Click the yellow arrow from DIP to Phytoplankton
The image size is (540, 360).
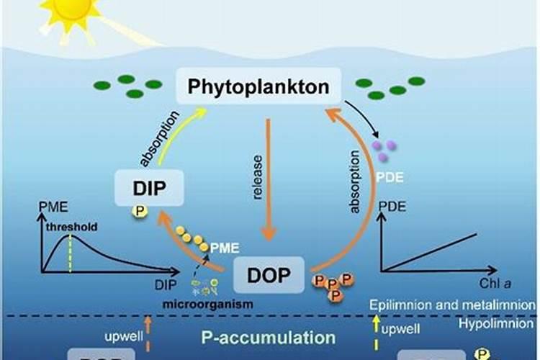pyautogui.click(x=180, y=133)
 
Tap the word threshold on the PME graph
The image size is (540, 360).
pyautogui.click(x=72, y=227)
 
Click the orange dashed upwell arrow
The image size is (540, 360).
pyautogui.click(x=148, y=333)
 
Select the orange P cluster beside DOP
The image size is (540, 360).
pyautogui.click(x=332, y=285)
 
